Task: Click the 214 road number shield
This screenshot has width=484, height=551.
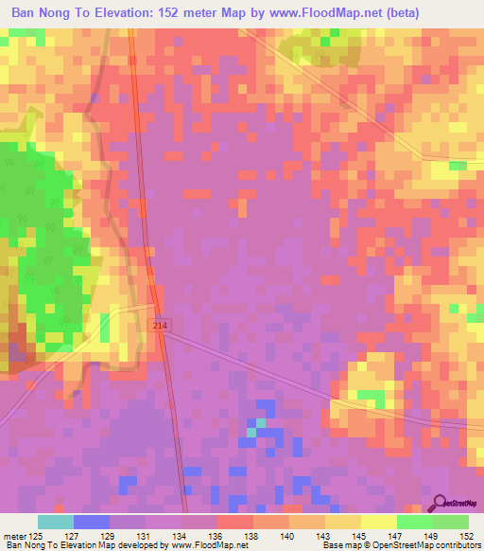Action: point(158,325)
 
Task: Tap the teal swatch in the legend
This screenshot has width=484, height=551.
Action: point(56,522)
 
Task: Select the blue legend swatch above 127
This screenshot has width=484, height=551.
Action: point(92,522)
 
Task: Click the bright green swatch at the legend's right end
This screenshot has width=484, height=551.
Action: point(451,522)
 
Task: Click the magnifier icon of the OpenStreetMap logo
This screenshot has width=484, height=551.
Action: point(440,503)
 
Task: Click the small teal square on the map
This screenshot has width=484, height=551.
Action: point(251,431)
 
